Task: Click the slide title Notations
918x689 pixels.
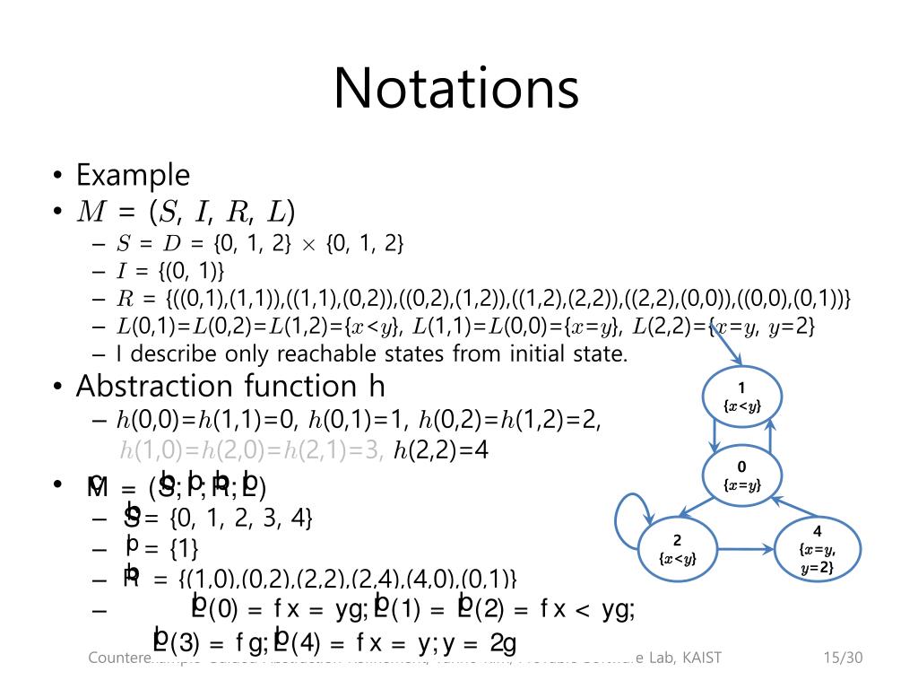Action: point(456,88)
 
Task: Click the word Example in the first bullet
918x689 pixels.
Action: point(133,174)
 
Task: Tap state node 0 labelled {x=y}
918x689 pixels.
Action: point(741,475)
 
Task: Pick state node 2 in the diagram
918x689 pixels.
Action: point(678,548)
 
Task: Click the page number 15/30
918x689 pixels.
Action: point(842,658)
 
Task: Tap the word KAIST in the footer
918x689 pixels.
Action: point(701,658)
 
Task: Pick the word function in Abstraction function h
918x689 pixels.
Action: point(299,386)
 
